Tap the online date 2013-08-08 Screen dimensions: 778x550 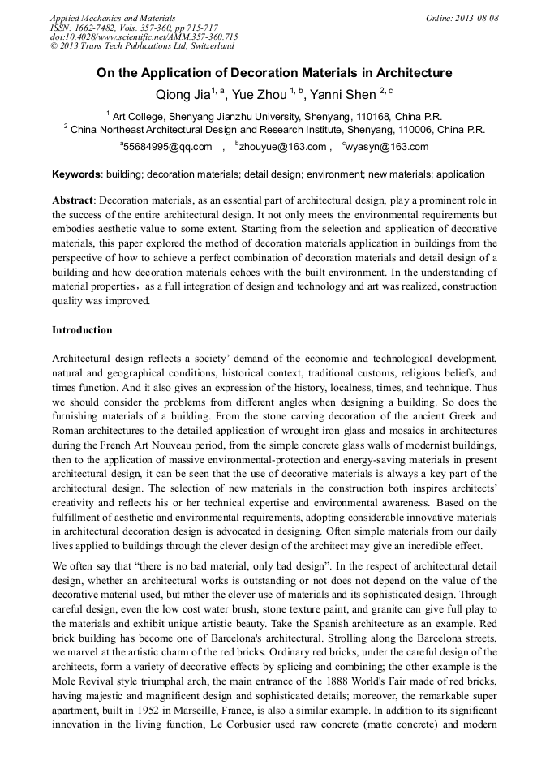click(x=476, y=18)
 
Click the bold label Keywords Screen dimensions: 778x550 click(x=76, y=174)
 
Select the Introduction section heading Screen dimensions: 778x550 click(x=82, y=330)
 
